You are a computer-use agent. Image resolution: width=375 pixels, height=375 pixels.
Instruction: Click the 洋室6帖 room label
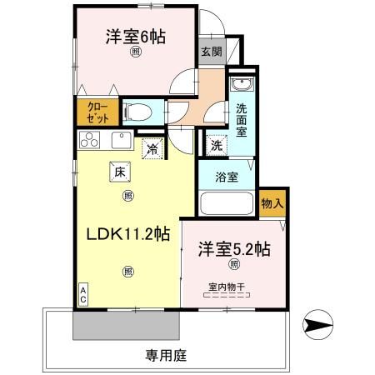(134, 37)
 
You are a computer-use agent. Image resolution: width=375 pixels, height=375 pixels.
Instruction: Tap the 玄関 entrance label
(210, 51)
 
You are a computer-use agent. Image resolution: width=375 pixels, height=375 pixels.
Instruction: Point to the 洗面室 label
(241, 119)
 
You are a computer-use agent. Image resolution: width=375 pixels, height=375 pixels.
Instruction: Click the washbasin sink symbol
(241, 86)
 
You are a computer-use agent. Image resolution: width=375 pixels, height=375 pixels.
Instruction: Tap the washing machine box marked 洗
(217, 143)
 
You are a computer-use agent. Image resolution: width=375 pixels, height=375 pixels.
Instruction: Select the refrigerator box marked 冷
(152, 149)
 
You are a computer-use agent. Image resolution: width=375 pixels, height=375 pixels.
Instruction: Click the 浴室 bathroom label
(227, 177)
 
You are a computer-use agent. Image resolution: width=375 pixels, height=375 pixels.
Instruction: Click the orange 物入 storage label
(271, 202)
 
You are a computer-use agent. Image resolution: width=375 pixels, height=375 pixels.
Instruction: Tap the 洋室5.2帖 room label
(233, 248)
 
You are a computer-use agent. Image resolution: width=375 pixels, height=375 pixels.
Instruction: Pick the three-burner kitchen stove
(90, 140)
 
